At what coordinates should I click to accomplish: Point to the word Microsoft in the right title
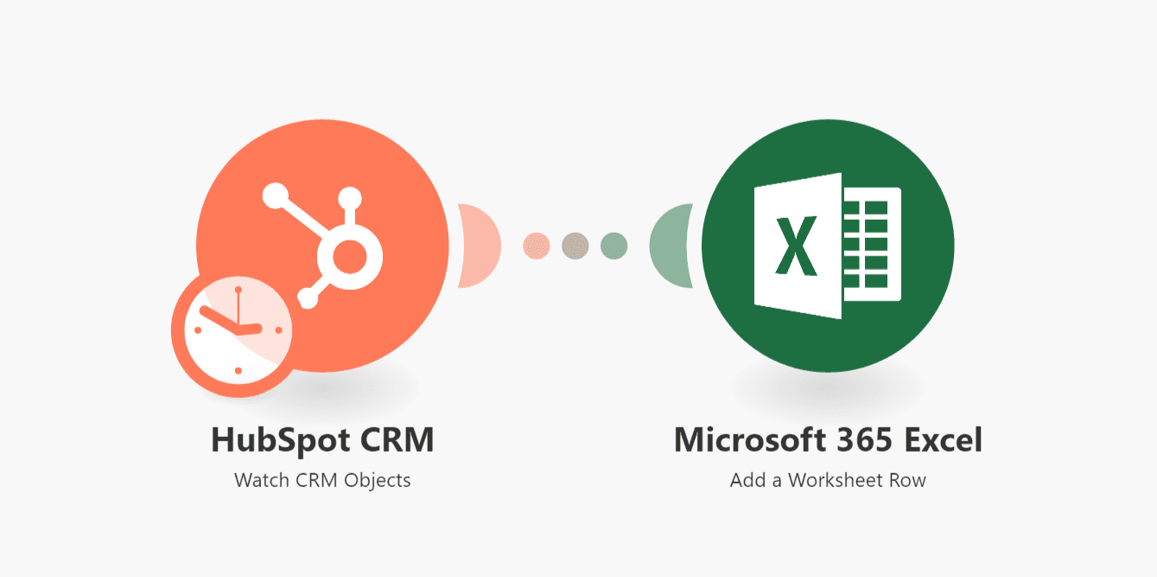[748, 440]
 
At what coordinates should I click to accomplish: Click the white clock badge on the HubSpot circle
[232, 332]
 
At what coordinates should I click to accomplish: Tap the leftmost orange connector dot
[537, 245]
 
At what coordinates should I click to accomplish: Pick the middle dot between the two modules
[575, 245]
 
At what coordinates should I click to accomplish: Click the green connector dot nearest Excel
[613, 245]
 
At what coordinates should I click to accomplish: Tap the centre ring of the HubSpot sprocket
[348, 254]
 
